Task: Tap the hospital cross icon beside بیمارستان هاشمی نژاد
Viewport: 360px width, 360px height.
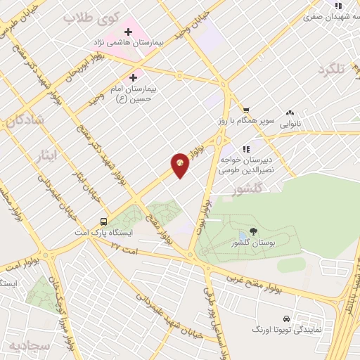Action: [128, 31]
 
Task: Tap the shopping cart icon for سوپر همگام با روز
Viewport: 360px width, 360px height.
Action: [246, 110]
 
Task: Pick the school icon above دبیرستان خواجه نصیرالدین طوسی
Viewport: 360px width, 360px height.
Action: [246, 149]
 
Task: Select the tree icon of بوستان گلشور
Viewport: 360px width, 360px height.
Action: [254, 231]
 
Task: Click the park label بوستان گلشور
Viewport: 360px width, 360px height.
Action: [254, 243]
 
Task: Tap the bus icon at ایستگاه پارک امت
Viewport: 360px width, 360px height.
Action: [104, 219]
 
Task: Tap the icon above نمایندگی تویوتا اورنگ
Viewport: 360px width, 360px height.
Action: [286, 318]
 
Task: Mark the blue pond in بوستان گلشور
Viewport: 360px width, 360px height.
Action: [243, 233]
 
